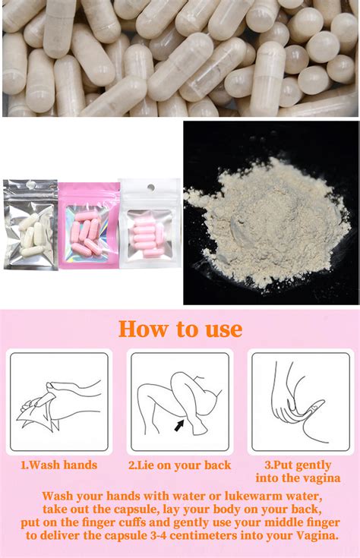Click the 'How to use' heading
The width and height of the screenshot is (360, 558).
(180, 329)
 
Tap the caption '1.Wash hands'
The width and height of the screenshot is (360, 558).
(58, 465)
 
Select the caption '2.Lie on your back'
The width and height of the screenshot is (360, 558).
(180, 465)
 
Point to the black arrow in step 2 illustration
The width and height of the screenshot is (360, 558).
(179, 426)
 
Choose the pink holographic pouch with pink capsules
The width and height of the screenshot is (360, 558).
(89, 225)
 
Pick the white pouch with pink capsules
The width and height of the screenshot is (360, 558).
(150, 225)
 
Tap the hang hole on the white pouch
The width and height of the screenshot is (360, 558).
(150, 188)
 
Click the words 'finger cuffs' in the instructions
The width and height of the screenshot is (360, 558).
(130, 522)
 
